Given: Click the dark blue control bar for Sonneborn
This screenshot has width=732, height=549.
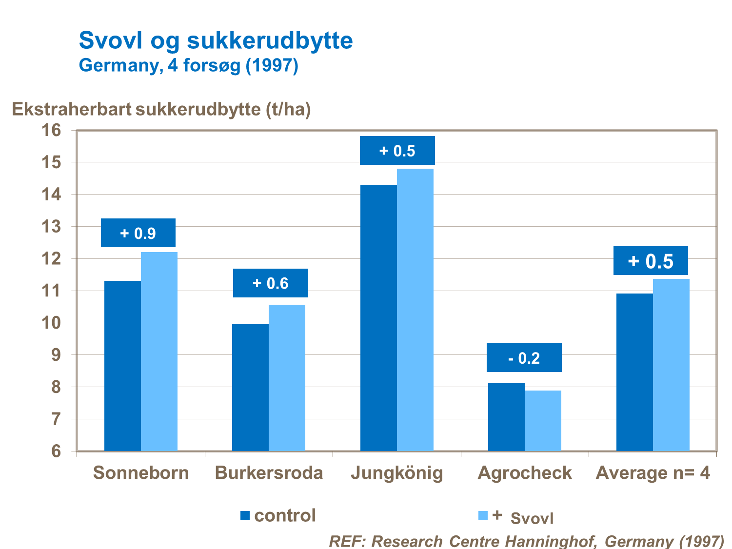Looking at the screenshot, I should (122, 366).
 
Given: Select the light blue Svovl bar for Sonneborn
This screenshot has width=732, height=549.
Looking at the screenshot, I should (159, 351).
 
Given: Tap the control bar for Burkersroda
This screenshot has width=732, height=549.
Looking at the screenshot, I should (250, 388).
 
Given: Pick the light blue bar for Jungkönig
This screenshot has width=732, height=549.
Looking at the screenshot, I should (415, 310).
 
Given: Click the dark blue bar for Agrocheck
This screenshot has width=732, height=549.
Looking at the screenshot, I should (506, 417).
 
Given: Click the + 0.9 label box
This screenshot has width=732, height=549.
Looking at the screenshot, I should (138, 233).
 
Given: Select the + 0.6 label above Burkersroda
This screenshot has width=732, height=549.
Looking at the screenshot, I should (270, 283).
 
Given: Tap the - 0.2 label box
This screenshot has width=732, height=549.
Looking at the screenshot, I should (524, 358).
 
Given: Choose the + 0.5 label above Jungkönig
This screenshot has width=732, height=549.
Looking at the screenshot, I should (397, 151).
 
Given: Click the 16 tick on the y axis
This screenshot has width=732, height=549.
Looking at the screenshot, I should (52, 130).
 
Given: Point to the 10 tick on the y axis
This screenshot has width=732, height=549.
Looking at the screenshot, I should (52, 323).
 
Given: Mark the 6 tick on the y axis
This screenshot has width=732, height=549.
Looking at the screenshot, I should (57, 451).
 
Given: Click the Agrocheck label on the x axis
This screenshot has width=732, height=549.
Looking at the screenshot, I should (525, 473).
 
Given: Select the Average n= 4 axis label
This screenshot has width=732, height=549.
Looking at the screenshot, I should (653, 473).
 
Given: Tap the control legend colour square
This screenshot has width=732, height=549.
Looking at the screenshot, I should (245, 515).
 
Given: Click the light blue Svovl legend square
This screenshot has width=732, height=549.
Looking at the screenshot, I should (483, 515).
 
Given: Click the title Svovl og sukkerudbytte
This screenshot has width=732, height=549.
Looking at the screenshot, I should (216, 40).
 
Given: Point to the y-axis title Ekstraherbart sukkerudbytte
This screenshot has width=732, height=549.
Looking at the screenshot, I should (161, 109).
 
